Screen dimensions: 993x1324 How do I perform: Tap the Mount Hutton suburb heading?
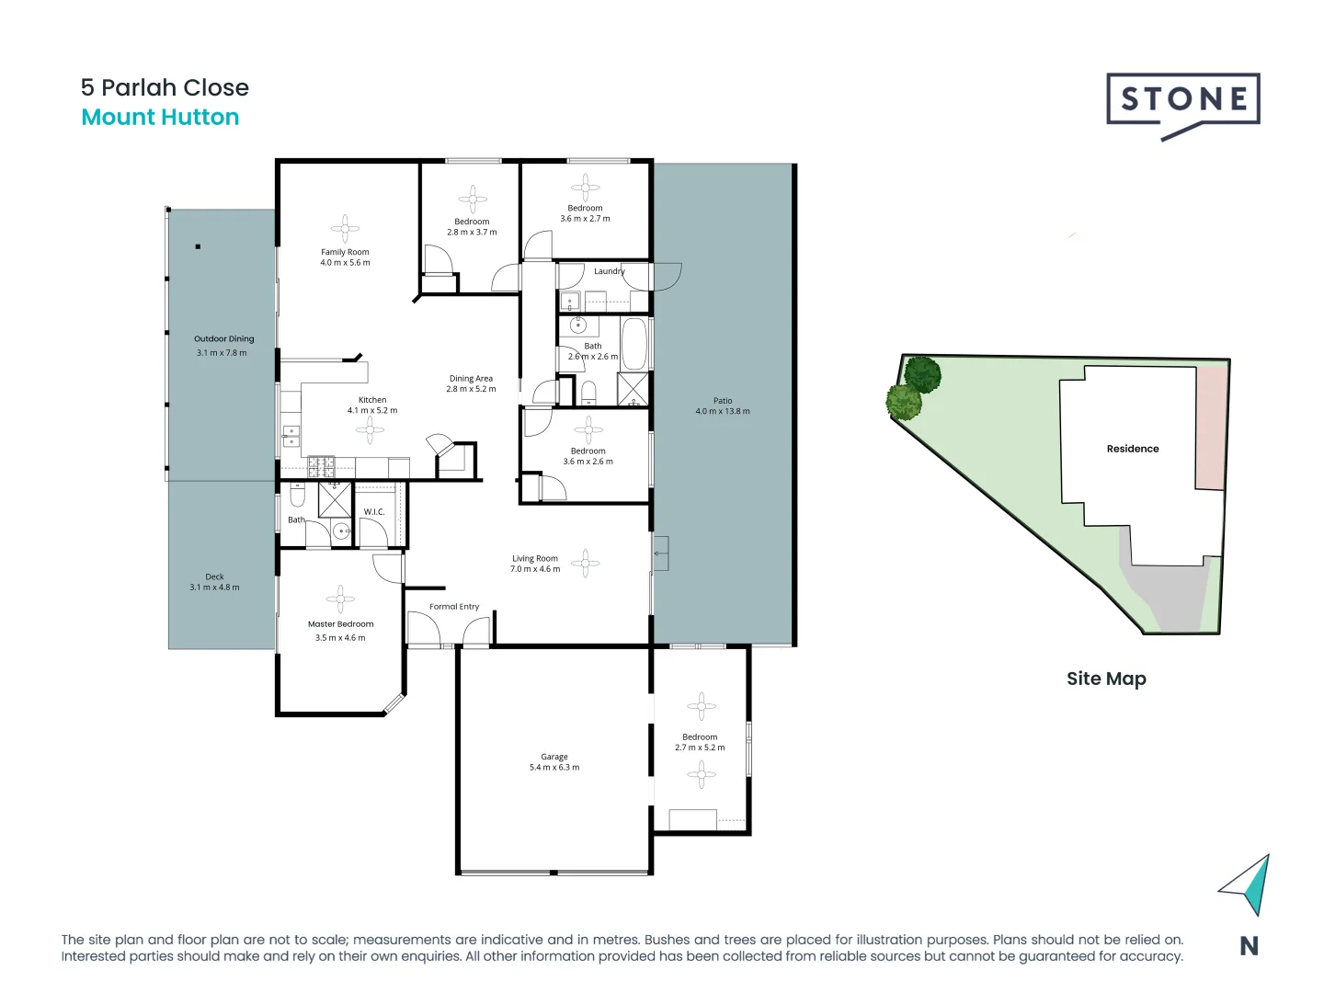(x=160, y=118)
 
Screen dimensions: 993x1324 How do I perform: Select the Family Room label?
(x=345, y=252)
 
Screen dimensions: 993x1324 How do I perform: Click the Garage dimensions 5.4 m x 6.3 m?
(x=554, y=768)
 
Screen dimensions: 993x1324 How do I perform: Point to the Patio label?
(x=723, y=401)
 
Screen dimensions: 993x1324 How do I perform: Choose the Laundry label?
(x=609, y=271)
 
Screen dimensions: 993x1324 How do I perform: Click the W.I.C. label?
(x=374, y=512)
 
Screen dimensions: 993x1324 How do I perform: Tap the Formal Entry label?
(x=454, y=607)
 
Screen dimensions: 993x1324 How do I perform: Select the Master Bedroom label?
(x=340, y=624)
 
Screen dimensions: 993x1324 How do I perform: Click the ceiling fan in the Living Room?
(x=586, y=563)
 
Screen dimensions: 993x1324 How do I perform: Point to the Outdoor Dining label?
(x=223, y=339)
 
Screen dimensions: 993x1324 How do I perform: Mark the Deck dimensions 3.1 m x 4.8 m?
(x=214, y=588)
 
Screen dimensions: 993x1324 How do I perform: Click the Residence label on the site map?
(x=1133, y=449)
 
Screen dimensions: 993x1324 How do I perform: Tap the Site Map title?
(x=1106, y=679)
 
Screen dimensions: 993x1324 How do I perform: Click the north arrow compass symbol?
(x=1248, y=885)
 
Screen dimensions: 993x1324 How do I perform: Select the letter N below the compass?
(x=1249, y=946)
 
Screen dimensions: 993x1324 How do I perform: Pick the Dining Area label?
(x=471, y=379)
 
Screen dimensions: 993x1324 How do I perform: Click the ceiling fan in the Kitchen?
(x=371, y=429)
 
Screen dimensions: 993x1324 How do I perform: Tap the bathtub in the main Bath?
(x=634, y=344)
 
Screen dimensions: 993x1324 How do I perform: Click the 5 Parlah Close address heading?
(x=165, y=87)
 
